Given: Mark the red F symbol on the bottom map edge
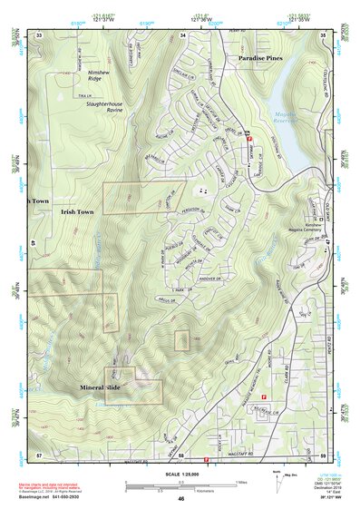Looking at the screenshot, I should pos(208,460).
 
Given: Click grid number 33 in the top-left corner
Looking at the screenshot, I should pos(40,34).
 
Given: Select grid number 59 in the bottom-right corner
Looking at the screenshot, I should pos(323,453).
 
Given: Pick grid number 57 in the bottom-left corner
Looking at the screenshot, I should pos(39,453).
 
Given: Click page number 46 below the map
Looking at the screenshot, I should pos(181,498).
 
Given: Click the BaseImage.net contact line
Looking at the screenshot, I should pos(63,497).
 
